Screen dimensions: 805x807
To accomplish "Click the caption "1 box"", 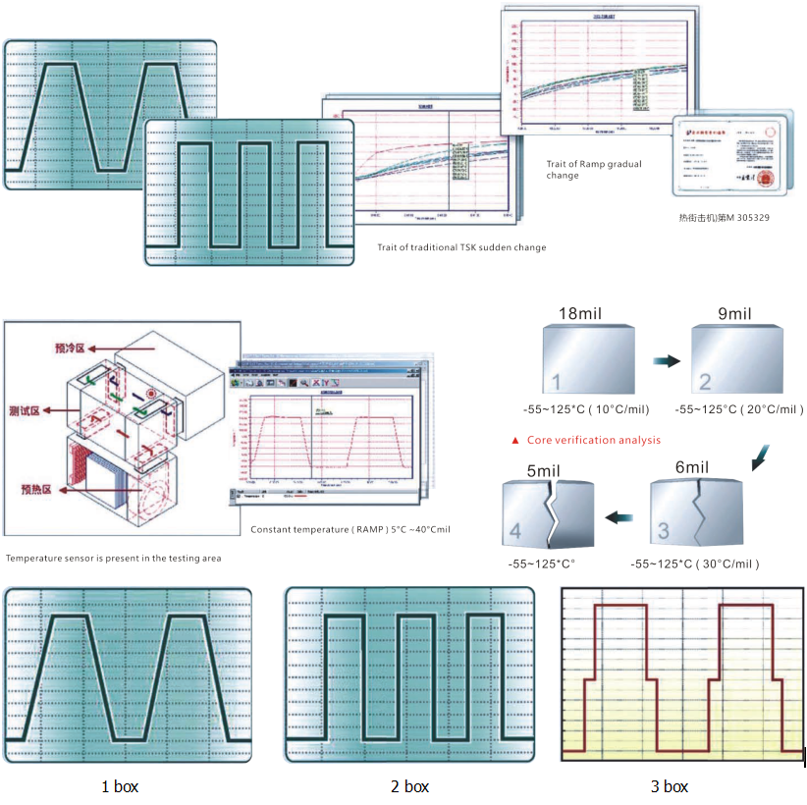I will click(x=120, y=786).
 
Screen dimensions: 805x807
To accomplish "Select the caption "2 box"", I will click(x=409, y=786).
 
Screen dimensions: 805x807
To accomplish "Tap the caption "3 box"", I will click(x=669, y=786).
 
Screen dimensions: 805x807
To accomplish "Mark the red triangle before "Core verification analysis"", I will click(x=514, y=441).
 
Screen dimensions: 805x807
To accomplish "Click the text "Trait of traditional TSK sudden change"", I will click(x=461, y=247).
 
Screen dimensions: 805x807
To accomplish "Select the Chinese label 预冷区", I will click(x=71, y=348).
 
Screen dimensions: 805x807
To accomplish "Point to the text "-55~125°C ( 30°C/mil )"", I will click(x=694, y=563).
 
